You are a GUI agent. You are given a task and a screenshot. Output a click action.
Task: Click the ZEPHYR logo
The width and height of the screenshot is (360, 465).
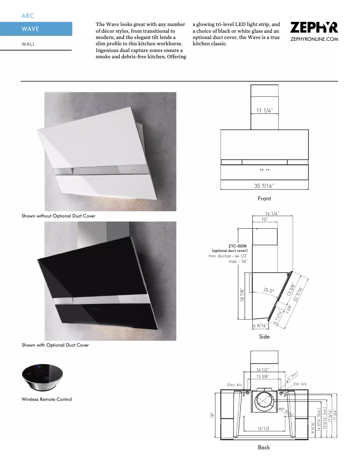pos(314,28)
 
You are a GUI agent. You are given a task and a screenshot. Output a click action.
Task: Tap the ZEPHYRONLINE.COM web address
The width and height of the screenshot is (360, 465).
pos(314,39)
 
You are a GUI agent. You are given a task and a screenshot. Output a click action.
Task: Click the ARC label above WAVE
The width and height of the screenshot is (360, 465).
pos(28,16)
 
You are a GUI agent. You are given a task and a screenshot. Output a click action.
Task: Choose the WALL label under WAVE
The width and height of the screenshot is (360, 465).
pos(28,44)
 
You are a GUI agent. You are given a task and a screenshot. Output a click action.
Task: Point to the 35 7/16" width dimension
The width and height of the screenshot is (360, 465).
pos(264,185)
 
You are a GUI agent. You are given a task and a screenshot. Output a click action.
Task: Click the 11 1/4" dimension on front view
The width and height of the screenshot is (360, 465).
pos(264,110)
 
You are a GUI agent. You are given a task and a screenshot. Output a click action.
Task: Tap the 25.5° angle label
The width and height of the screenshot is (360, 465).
pos(269,291)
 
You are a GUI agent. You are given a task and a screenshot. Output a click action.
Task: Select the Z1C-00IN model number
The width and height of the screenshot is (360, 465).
pos(237,246)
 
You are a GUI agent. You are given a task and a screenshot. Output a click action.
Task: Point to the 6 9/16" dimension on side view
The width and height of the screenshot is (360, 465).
pos(260,326)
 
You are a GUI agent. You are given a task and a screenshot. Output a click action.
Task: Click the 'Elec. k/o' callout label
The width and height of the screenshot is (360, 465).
pos(234,385)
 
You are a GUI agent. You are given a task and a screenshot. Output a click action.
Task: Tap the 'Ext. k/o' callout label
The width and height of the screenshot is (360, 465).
pos(300,384)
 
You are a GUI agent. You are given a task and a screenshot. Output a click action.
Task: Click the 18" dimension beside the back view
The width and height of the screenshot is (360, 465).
pos(211,415)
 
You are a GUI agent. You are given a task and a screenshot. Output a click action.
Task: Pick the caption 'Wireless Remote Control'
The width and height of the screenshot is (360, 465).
pos(47,399)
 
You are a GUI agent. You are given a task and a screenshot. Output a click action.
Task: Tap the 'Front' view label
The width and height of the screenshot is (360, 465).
pos(264,198)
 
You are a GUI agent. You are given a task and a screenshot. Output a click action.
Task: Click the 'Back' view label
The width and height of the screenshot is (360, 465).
pos(264,447)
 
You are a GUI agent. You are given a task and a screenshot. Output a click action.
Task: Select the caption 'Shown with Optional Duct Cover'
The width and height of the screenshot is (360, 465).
pos(55,345)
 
